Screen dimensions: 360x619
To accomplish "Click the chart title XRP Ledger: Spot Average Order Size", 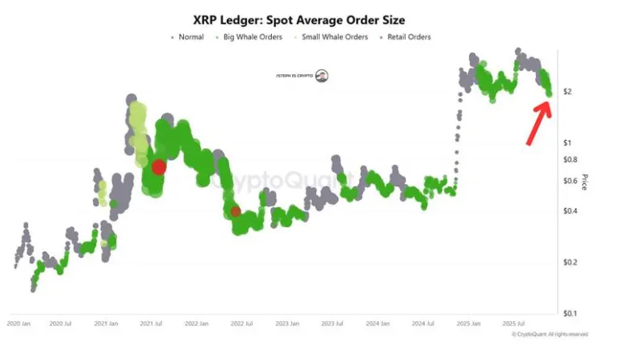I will coord(309,19).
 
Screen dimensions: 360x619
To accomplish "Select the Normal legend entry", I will coord(190,37).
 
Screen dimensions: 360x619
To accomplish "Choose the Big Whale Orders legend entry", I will coord(258,37).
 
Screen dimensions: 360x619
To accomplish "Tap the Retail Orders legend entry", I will coord(408,37).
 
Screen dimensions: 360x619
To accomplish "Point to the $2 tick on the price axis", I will coord(567,92).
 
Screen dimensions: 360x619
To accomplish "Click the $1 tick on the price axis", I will coord(567,143).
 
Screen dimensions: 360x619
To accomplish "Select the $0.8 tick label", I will coord(570,160).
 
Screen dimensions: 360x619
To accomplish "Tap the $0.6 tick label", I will coord(570,181).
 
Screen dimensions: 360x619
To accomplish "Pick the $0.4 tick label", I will coord(570,211).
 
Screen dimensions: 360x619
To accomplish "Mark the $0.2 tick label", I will coord(570,262).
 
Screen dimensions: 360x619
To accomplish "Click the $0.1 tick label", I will coord(570,313).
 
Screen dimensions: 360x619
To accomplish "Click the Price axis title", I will coord(584,182).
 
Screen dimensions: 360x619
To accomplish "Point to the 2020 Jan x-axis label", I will coord(19,323).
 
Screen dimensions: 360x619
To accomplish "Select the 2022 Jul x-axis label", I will coord(242,323).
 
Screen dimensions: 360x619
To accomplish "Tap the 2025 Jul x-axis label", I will coord(514,323).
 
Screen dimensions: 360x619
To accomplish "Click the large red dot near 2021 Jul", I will coord(159,167).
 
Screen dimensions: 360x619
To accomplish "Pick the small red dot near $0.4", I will coord(235,211).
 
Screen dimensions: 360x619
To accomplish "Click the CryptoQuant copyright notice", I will coord(550,334).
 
